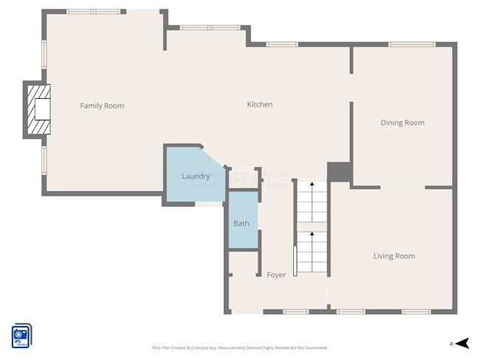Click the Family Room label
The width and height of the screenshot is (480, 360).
102,106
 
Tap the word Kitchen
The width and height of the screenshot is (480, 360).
259,105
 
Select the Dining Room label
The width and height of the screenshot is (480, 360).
402,123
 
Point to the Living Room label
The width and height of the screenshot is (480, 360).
394,257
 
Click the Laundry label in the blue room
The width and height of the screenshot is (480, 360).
196,177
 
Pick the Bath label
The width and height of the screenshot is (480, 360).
241,224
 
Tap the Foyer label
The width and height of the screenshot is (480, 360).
276,275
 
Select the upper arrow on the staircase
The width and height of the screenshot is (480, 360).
312,186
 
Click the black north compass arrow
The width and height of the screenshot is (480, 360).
462,343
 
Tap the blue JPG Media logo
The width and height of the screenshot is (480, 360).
21,336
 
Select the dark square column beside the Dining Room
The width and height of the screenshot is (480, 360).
339,171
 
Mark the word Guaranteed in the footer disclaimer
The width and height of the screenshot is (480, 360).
313,347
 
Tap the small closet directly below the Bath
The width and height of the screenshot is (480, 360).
242,263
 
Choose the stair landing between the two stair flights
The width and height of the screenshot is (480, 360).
312,225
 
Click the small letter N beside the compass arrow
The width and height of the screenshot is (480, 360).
450,344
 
